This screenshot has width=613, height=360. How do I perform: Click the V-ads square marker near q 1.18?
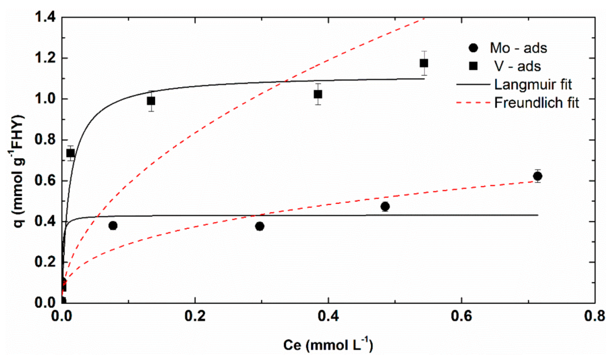coord(424,63)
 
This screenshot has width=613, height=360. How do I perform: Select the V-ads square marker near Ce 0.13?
coord(151,101)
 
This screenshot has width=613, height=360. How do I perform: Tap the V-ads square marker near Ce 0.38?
coord(318,94)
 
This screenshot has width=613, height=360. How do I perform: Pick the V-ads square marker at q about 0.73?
coord(71,153)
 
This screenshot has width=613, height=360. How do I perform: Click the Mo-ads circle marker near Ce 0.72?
coord(537,176)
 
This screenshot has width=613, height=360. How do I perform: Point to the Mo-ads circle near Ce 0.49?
coord(385,206)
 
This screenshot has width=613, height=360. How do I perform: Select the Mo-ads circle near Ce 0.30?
coord(260,226)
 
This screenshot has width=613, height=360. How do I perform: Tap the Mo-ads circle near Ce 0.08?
coord(113,226)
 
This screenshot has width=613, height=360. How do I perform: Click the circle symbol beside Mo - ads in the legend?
coord(473,48)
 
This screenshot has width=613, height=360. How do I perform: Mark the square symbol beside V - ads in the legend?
coord(473,66)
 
